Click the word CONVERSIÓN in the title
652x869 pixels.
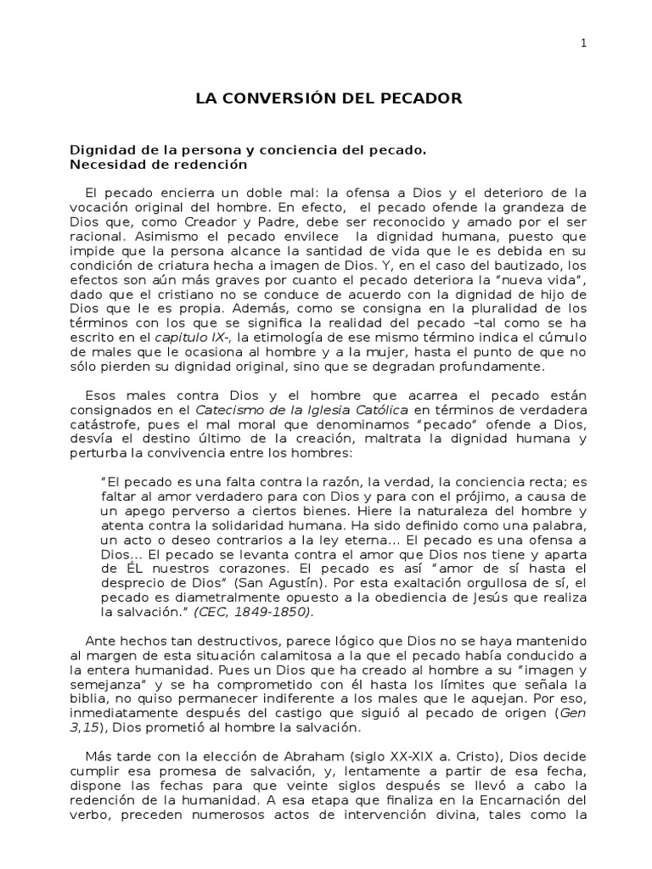tap(281, 98)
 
